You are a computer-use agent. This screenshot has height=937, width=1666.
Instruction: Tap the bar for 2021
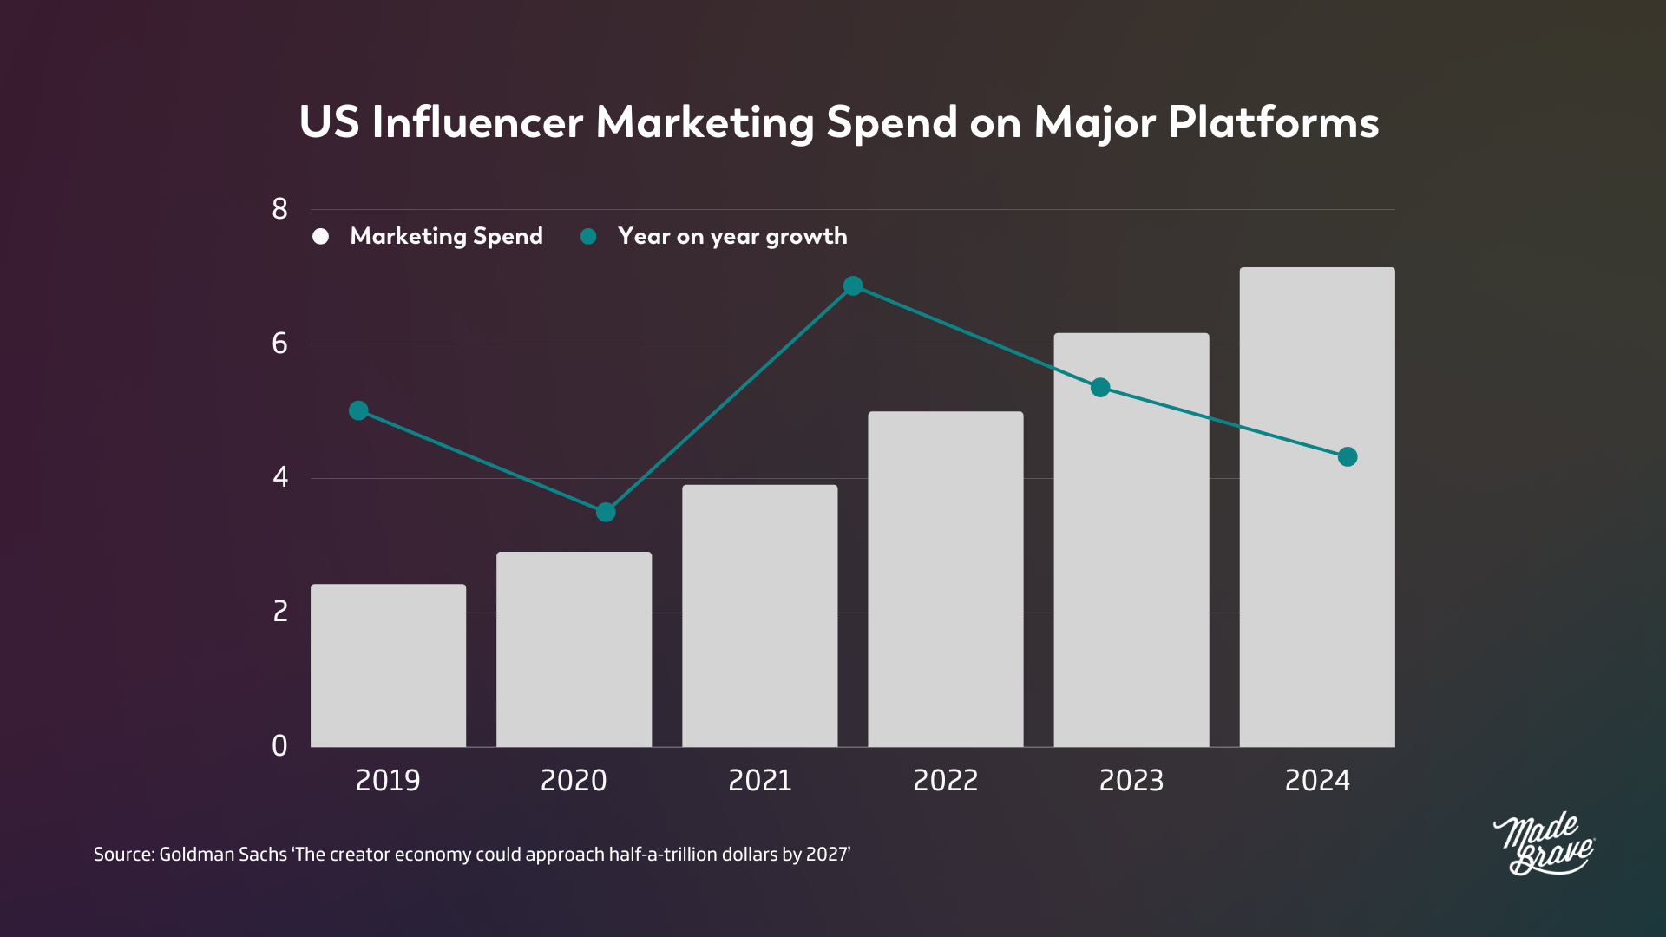[x=759, y=616]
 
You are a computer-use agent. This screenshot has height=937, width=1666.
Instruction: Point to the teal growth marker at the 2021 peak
[x=853, y=285]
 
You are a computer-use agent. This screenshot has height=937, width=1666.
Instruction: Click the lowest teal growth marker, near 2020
[x=606, y=512]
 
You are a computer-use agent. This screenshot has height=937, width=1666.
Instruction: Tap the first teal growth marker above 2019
[x=358, y=410]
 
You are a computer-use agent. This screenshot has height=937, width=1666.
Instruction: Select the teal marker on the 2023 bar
[x=1100, y=387]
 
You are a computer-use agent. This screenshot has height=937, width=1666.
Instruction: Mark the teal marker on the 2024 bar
[x=1347, y=456]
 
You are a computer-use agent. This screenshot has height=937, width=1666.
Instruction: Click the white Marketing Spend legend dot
[x=321, y=237]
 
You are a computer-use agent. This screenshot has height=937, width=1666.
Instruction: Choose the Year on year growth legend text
[x=731, y=237]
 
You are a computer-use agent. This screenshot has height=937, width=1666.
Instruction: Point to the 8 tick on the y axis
[x=279, y=209]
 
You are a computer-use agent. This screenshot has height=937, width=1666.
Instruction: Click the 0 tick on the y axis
[x=279, y=746]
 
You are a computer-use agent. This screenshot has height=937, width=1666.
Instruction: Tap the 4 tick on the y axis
[x=279, y=477]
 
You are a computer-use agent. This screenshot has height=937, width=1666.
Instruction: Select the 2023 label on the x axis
[x=1131, y=781]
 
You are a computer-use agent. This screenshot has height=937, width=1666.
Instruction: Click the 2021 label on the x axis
[x=759, y=781]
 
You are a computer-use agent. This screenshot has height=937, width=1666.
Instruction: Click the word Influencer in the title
[x=477, y=122]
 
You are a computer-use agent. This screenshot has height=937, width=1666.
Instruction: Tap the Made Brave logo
[x=1543, y=844]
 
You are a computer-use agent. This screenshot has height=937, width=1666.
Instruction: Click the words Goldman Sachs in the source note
[x=223, y=855]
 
